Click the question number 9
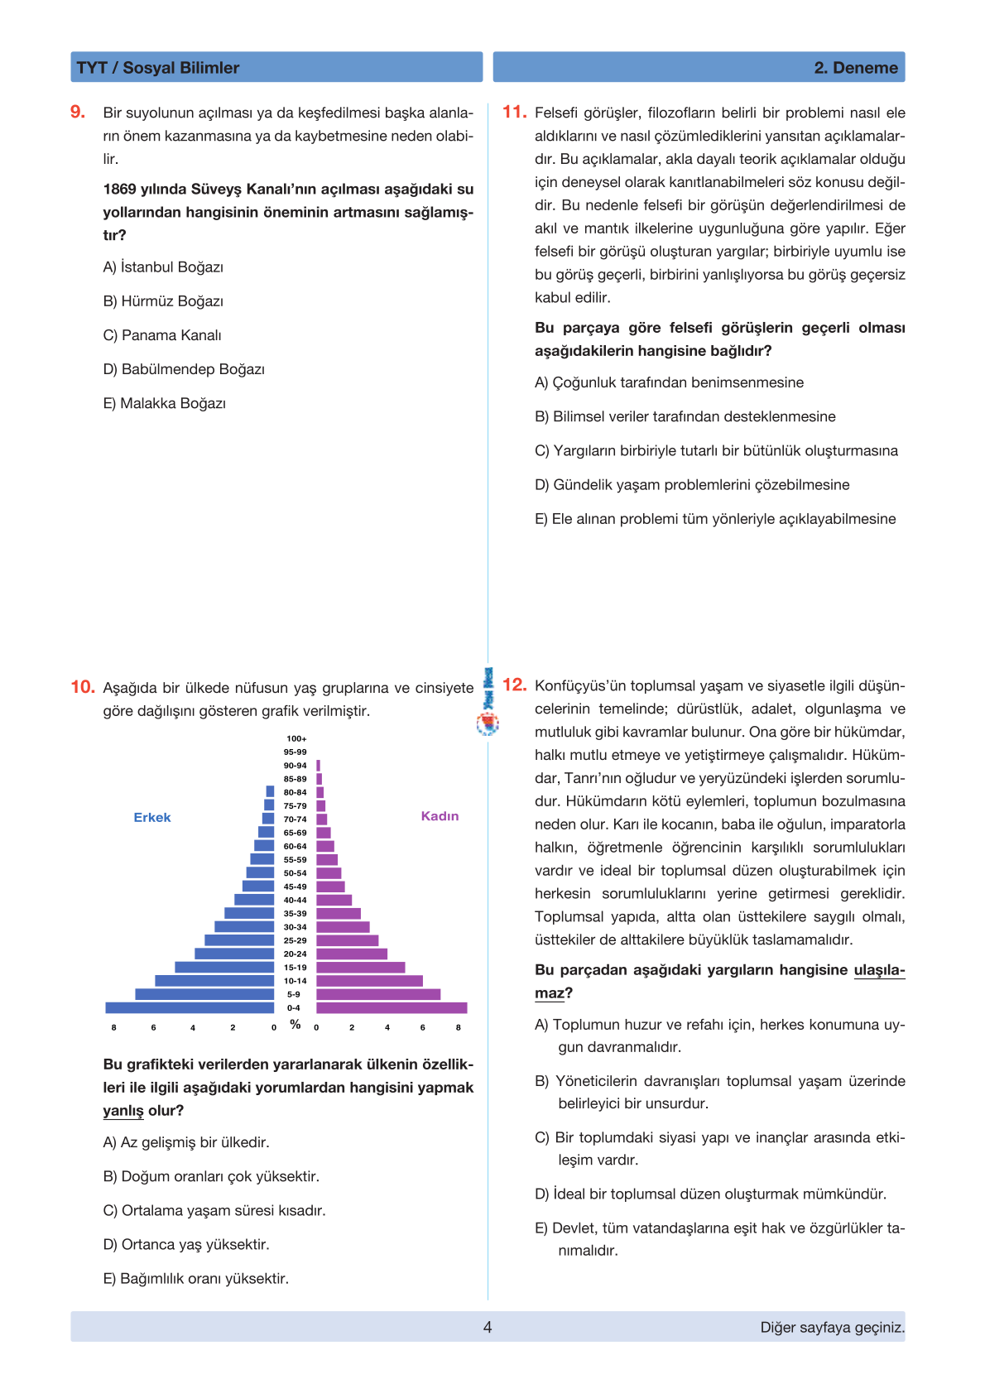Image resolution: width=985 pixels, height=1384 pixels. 78,112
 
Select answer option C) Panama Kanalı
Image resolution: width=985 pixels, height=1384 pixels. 162,335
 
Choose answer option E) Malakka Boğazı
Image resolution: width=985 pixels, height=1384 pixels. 164,403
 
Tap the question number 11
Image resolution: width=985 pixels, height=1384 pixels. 514,112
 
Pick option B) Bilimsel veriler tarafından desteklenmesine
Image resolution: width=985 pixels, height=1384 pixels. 685,416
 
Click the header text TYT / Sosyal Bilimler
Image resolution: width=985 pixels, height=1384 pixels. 157,68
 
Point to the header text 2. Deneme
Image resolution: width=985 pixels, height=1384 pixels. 856,68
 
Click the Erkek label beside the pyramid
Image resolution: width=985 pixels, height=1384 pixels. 152,818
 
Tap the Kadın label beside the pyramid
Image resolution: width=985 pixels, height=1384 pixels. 440,816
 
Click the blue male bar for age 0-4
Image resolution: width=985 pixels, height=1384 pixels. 190,1007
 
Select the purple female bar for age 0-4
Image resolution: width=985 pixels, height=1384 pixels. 392,1007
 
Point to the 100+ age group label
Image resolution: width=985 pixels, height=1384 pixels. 296,738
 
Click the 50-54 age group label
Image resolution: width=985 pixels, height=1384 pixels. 295,873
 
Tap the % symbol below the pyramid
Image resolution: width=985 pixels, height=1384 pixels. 295,1025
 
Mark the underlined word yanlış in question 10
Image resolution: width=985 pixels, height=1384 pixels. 123,1111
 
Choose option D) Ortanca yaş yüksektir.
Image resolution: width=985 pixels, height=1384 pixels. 186,1244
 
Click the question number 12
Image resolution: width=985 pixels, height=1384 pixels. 514,685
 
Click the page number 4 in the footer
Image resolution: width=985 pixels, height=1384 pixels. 488,1327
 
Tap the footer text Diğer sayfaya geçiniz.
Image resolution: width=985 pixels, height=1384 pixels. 832,1327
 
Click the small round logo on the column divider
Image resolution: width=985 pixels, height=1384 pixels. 488,724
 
